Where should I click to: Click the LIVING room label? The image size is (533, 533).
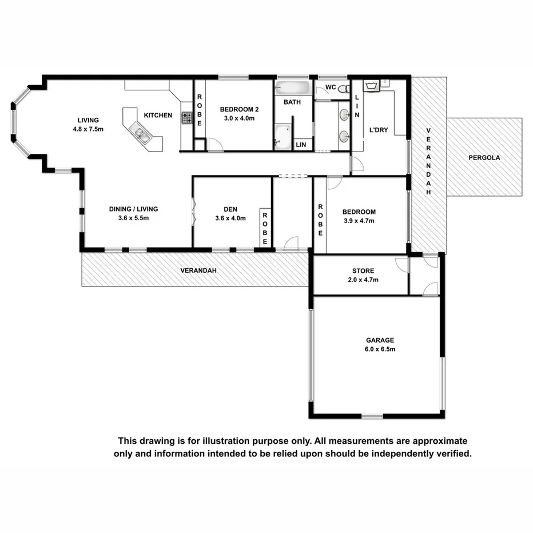(x=88, y=120)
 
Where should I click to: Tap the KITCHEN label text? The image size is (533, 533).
(x=158, y=116)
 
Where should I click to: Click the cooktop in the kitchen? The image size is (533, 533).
(x=187, y=118)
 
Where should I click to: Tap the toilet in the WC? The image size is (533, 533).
(x=343, y=89)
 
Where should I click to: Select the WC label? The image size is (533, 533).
(x=330, y=87)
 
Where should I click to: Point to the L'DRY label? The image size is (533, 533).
(x=379, y=130)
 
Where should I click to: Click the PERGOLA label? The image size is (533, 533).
(x=484, y=157)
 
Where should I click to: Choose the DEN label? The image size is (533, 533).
(x=230, y=209)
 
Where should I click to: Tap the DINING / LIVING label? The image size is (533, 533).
(x=133, y=209)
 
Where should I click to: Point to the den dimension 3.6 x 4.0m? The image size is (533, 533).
(x=230, y=218)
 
